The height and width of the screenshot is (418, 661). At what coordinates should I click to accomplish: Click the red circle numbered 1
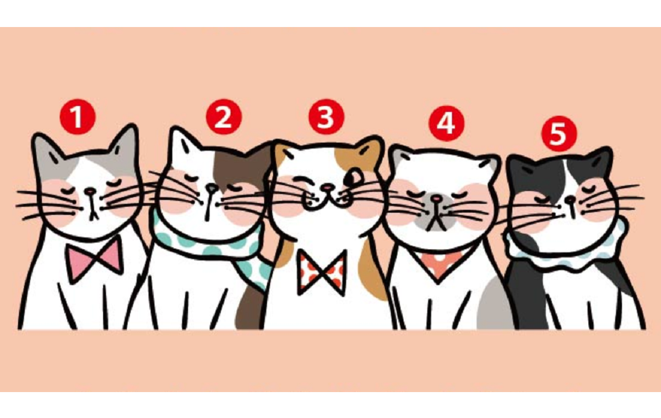click(78, 117)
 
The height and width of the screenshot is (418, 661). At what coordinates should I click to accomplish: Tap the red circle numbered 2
click(224, 117)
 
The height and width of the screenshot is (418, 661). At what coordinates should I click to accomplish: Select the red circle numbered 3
click(326, 117)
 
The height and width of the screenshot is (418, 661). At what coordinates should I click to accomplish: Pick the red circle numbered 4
click(447, 123)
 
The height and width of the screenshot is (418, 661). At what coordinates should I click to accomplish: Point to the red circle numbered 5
click(559, 134)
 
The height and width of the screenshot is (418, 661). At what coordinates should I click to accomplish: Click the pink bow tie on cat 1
click(94, 260)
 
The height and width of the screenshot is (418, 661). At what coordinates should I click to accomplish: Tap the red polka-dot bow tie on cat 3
click(322, 272)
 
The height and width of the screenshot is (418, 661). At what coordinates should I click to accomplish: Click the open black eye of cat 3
click(352, 177)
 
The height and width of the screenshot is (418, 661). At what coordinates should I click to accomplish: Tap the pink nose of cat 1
click(90, 192)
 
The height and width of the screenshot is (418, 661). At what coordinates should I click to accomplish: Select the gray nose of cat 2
click(211, 187)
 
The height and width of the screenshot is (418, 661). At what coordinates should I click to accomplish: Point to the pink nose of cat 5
click(571, 200)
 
